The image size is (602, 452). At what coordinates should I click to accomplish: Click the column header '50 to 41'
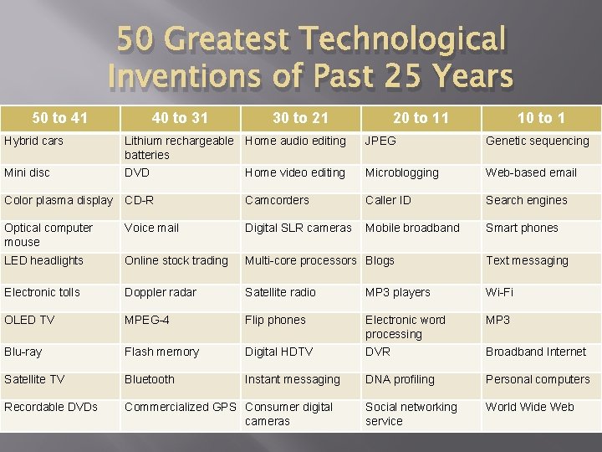pos(59,118)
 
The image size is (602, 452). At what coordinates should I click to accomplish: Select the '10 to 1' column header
pos(540,118)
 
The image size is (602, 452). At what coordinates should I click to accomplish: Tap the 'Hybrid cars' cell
pos(33,141)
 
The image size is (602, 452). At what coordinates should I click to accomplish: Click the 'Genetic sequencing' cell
pos(538,141)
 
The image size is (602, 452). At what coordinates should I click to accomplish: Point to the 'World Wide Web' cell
pos(530,407)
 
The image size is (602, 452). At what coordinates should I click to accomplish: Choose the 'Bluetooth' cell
pos(149,379)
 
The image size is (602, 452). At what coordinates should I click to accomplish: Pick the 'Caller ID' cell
pos(388,200)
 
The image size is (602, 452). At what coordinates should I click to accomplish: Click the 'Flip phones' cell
pos(275,320)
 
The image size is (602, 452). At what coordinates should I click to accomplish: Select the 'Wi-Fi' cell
pos(500,292)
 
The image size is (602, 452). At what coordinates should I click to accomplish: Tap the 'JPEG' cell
pos(380,141)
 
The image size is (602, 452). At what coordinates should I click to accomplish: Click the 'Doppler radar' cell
pos(161,292)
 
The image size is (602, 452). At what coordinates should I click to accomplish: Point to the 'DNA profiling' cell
pos(400,379)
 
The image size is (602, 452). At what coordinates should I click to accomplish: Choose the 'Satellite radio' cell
pos(280,292)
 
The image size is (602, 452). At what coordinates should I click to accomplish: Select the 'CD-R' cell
pos(139,200)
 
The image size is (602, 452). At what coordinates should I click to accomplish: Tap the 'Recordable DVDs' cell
pos(51,407)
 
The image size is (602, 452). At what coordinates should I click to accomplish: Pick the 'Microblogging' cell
pos(401,172)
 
